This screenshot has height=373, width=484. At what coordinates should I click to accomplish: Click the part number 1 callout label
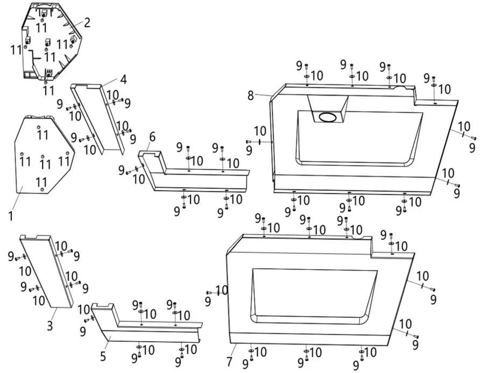11,216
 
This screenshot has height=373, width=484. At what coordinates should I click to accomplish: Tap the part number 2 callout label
87,23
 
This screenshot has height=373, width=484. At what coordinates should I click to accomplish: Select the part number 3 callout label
50,326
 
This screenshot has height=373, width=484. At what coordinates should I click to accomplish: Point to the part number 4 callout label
123,80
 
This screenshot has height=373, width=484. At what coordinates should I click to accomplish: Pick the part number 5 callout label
103,356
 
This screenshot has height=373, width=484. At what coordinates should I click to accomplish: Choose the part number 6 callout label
153,137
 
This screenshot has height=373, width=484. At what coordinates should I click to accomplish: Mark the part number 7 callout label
229,362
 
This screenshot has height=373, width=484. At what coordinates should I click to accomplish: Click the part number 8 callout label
251,96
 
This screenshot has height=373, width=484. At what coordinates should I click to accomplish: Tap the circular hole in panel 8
328,117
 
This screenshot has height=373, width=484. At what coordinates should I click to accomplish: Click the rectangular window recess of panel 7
314,296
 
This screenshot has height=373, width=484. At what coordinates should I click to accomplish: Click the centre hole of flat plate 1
42,157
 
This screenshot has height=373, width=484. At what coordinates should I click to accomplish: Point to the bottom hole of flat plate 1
41,189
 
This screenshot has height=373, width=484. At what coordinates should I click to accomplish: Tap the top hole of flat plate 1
39,127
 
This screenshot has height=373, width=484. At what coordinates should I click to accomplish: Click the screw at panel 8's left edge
249,141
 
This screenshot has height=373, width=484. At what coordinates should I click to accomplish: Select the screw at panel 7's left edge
210,292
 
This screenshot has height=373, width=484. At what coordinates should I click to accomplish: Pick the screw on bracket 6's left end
129,172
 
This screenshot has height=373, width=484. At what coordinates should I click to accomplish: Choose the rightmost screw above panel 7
391,236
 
